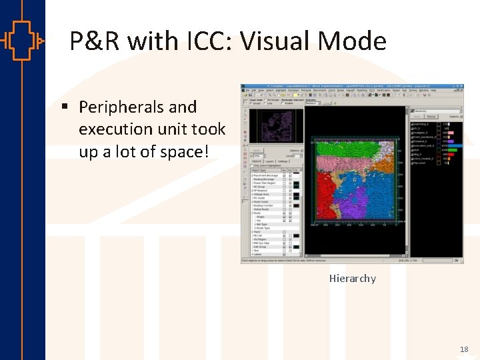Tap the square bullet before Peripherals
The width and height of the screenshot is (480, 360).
click(x=65, y=107)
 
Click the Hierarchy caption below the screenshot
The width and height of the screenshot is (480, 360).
click(x=352, y=278)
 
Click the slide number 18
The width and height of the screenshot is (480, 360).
click(x=463, y=349)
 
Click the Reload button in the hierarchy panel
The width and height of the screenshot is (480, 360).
click(x=431, y=117)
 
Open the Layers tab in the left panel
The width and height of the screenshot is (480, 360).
click(x=270, y=161)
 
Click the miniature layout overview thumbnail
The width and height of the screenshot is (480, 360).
click(x=275, y=125)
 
